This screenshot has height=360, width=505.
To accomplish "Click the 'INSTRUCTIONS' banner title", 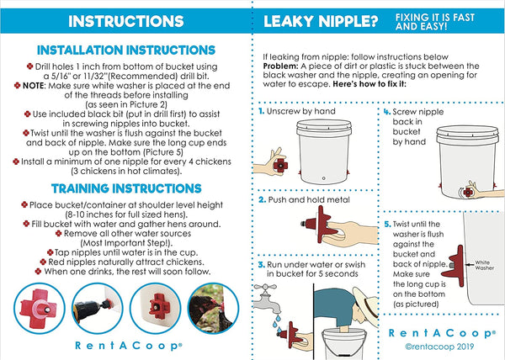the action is tap(126, 21).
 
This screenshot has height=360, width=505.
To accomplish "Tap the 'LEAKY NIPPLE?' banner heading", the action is tap(321, 22).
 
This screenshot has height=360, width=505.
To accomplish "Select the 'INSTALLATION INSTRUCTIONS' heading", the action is tap(126, 50).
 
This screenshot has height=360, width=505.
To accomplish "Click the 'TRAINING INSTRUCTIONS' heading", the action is tap(126, 188).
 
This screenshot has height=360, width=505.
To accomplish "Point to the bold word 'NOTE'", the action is tap(33, 86).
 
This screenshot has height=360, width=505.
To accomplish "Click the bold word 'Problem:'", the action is tap(280, 66).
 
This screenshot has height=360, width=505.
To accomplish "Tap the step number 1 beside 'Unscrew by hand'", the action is tap(261, 111).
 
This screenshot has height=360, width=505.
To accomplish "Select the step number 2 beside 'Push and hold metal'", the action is tap(262, 200).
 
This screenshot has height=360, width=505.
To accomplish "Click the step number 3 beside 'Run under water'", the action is tap(262, 265).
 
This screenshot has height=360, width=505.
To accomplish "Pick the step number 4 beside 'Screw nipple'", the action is tap(387, 112).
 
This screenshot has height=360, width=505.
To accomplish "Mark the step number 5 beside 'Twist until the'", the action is tap(387, 225).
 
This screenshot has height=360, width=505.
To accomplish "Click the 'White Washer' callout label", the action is tap(484, 265).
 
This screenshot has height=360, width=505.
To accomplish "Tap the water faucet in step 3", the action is tap(266, 299).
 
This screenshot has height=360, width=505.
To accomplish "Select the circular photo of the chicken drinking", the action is tap(213, 309).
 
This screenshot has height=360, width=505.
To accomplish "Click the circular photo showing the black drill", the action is tap(98, 309).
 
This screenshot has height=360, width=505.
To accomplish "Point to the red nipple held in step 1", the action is tap(280, 166).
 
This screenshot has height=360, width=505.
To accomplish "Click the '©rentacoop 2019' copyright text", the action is tap(439, 347).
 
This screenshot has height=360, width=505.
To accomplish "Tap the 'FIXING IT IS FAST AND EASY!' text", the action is tap(435, 22).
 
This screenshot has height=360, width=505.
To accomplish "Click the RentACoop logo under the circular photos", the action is tap(129, 346).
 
